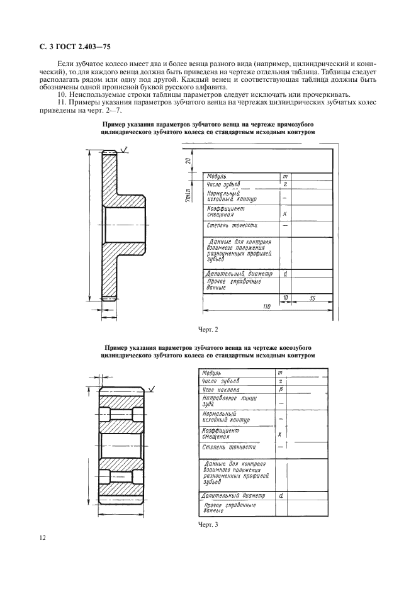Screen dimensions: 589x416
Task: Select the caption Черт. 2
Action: pyautogui.click(x=208, y=328)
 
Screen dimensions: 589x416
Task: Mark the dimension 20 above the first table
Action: pyautogui.click(x=188, y=160)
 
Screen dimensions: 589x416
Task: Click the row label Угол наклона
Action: pyautogui.click(x=220, y=390)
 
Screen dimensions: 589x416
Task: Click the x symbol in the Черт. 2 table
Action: pyautogui.click(x=285, y=213)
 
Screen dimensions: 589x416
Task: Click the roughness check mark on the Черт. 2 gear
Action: pyautogui.click(x=125, y=149)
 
